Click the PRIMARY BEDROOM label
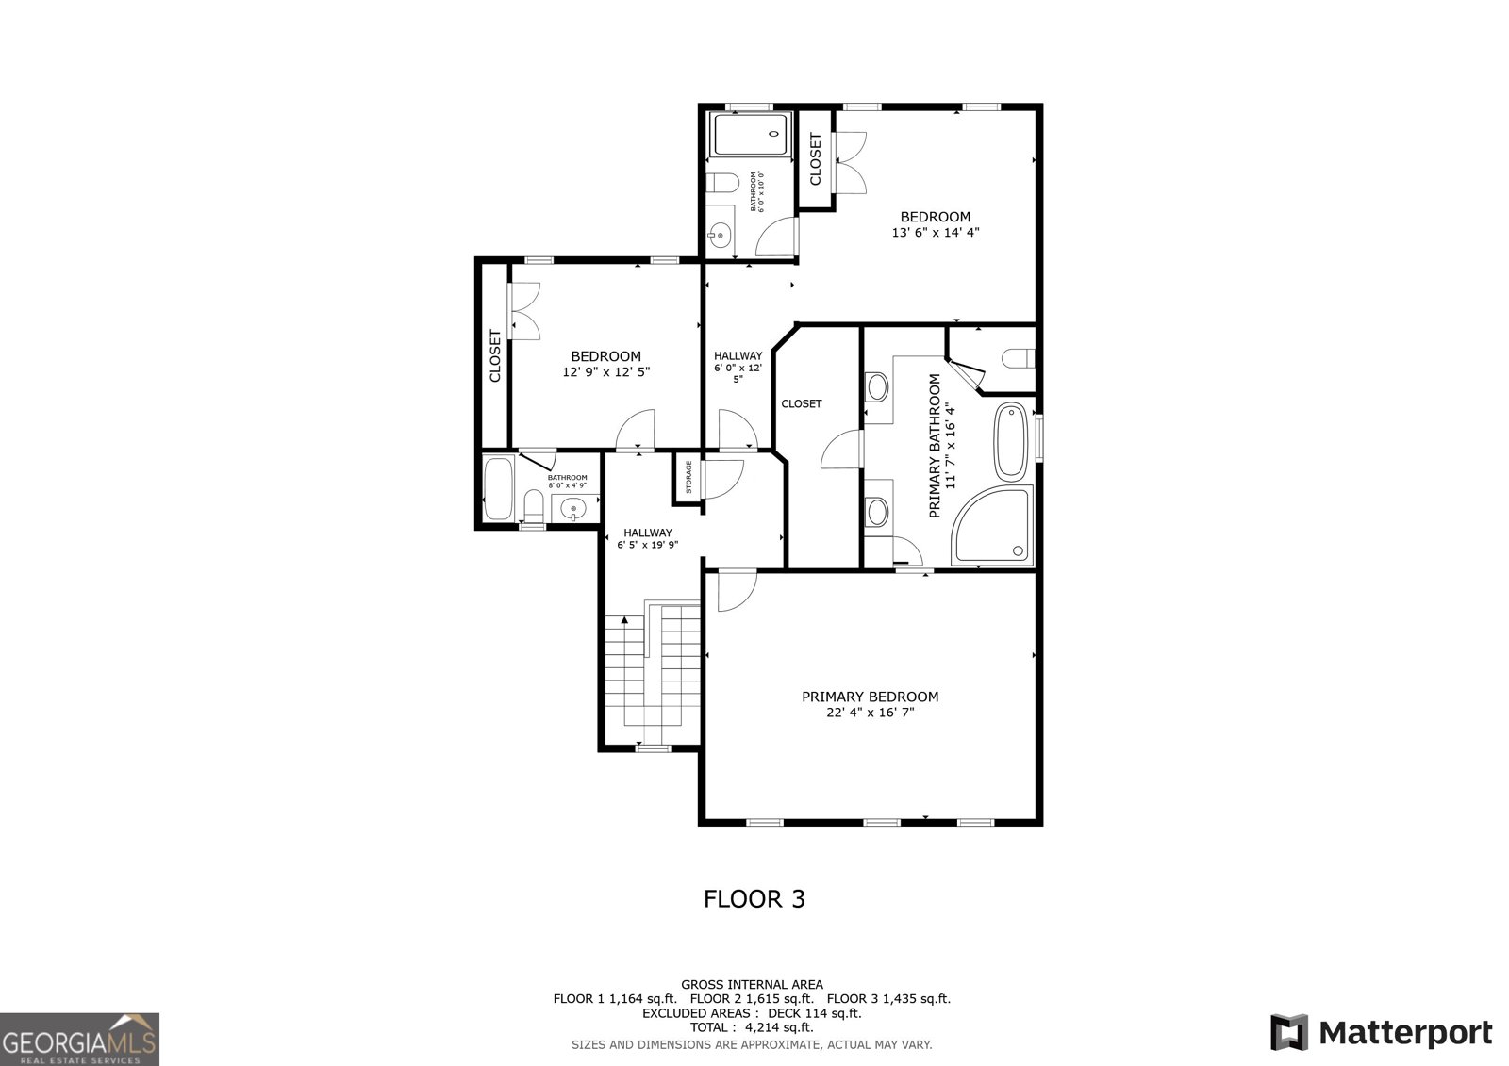(x=870, y=697)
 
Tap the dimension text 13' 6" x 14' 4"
(x=935, y=232)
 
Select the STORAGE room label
(x=688, y=477)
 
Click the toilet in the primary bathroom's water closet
(x=1018, y=358)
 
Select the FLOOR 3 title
(x=754, y=898)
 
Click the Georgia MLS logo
(x=79, y=1039)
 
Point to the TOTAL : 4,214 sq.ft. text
(x=752, y=1027)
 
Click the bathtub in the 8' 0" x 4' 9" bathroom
(x=497, y=487)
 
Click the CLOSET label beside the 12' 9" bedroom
(x=494, y=355)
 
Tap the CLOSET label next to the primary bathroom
(x=801, y=403)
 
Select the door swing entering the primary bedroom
(x=732, y=591)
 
